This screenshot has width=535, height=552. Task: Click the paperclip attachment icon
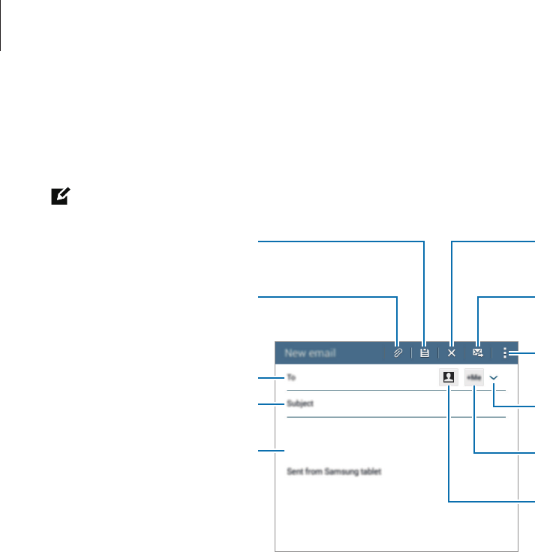click(398, 352)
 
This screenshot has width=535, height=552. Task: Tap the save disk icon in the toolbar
click(425, 352)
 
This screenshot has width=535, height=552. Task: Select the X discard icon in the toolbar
click(452, 352)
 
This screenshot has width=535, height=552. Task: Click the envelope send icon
click(478, 352)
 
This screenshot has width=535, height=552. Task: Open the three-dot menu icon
click(505, 352)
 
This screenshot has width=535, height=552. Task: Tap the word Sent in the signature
click(296, 472)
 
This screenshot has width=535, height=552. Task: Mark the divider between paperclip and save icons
click(411, 352)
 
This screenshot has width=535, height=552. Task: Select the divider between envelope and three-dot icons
click(492, 352)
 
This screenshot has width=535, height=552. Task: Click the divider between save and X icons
click(438, 352)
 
